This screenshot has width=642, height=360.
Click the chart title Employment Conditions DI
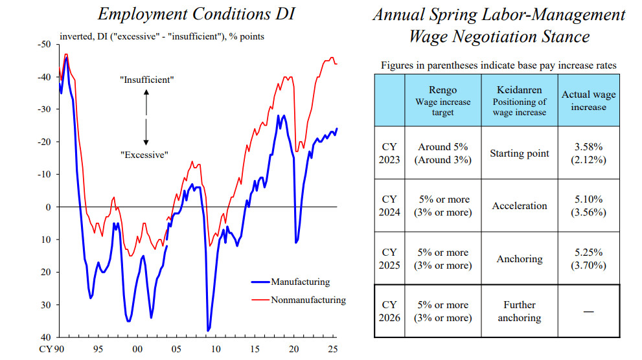pyautogui.click(x=195, y=14)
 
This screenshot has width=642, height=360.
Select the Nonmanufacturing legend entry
pyautogui.click(x=308, y=300)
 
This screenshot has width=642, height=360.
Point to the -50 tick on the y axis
pyautogui.click(x=44, y=44)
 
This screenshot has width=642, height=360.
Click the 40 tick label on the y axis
pyautogui.click(x=47, y=337)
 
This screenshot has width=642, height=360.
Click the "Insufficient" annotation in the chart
pyautogui.click(x=146, y=80)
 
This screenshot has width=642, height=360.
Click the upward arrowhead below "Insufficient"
pyautogui.click(x=146, y=93)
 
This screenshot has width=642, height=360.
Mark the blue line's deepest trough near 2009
pyautogui.click(x=208, y=330)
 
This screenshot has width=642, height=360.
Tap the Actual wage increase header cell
pyautogui.click(x=588, y=100)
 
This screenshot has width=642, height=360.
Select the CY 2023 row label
pyautogui.click(x=389, y=153)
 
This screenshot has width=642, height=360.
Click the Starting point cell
pyautogui.click(x=519, y=153)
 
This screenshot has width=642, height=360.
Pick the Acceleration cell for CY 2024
pyautogui.click(x=519, y=206)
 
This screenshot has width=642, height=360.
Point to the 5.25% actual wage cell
pyautogui.click(x=588, y=258)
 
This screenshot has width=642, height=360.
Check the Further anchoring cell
pyautogui.click(x=519, y=311)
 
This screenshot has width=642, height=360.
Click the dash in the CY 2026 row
pyautogui.click(x=588, y=312)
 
